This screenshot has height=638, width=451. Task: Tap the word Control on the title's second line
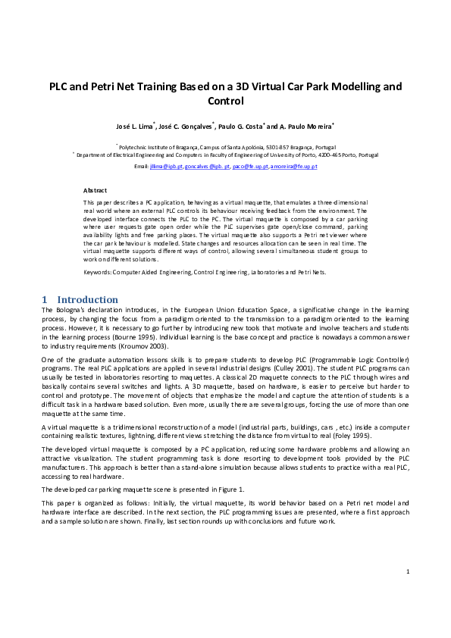[x=225, y=100]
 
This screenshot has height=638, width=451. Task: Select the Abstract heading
[x=95, y=189]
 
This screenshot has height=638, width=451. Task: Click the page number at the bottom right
[x=408, y=592]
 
